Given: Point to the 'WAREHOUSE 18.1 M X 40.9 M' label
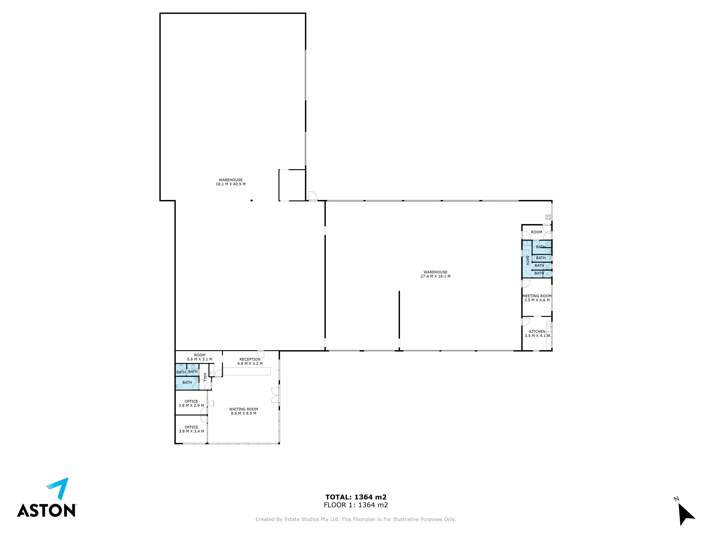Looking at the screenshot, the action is (x=231, y=182).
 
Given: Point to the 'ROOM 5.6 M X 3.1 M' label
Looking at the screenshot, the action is (x=200, y=357).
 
